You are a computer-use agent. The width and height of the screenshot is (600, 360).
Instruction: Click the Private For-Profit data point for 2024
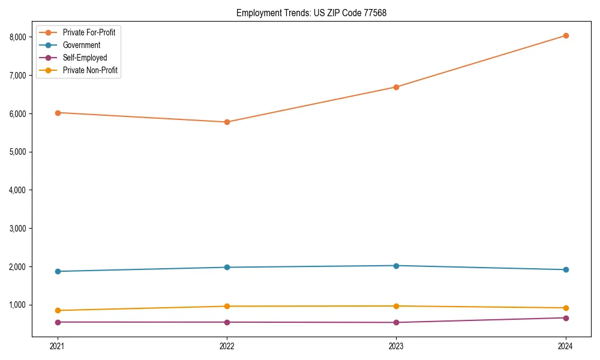[565, 35]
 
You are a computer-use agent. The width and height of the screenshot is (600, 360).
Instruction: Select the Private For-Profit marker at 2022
[227, 122]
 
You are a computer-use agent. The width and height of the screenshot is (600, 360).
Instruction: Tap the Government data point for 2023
[396, 265]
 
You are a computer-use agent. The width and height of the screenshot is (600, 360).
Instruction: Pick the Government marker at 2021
[58, 271]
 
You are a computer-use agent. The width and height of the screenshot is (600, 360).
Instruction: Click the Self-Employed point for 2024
[565, 317]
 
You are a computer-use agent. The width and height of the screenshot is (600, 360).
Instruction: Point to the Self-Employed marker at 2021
[58, 322]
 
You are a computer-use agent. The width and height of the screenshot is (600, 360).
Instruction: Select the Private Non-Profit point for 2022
[227, 306]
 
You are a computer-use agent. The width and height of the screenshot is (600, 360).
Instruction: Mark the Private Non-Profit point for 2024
[565, 308]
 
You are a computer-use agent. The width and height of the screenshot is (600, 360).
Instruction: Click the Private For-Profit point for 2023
[396, 87]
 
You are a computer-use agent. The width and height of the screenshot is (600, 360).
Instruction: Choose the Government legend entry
[81, 45]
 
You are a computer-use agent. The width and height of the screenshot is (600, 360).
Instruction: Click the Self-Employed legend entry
[85, 58]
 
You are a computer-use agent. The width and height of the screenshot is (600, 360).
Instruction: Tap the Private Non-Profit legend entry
[90, 70]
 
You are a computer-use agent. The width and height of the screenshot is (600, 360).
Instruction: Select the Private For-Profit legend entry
[89, 32]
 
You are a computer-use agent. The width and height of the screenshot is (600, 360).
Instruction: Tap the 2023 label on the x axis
[396, 346]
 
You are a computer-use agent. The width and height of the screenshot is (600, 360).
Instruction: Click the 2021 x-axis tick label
[58, 346]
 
